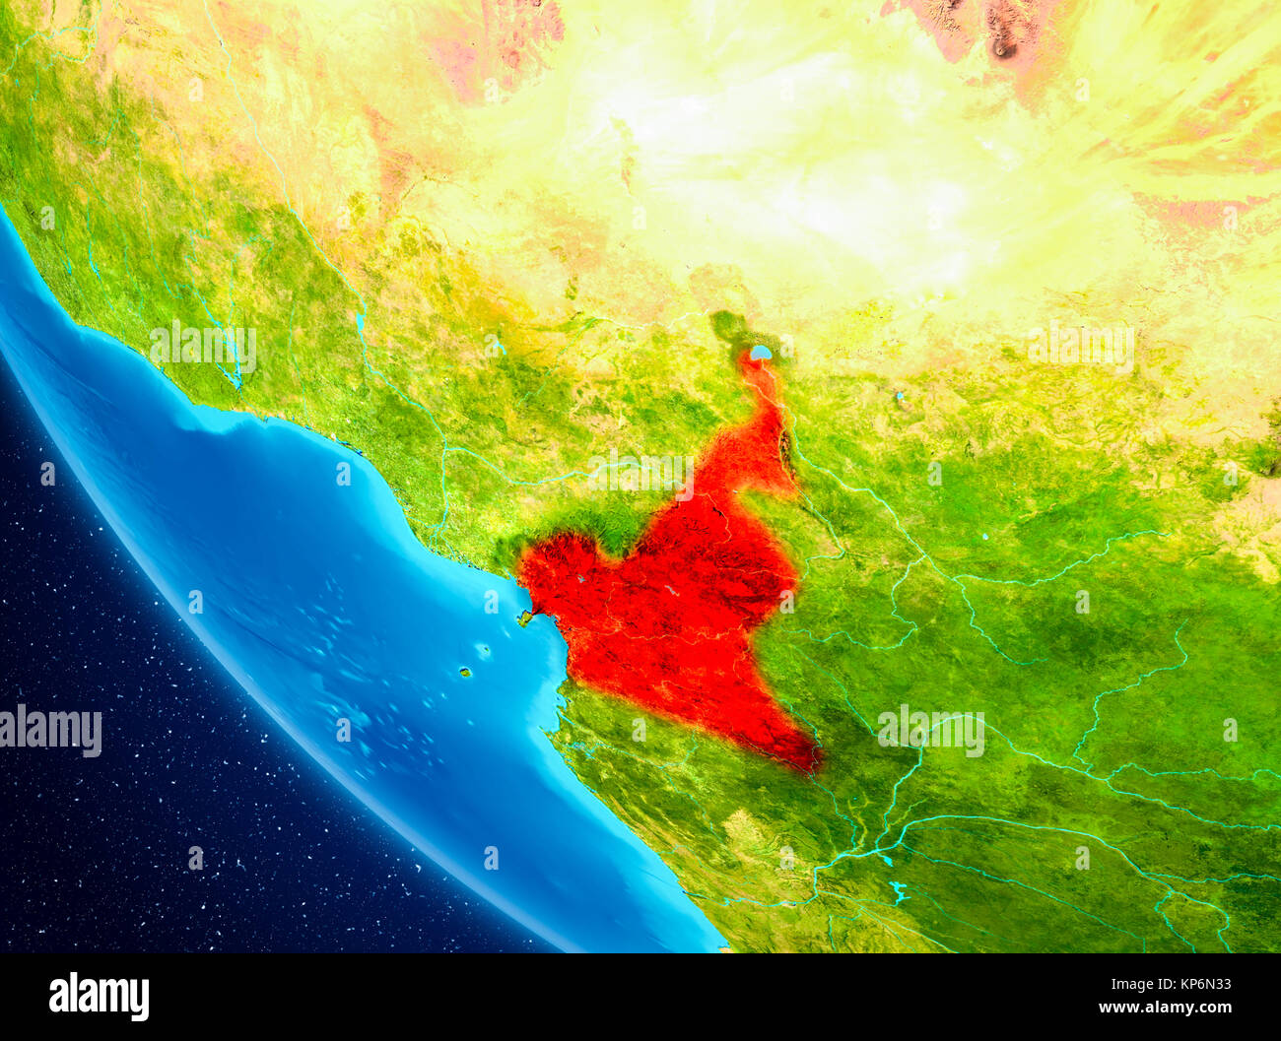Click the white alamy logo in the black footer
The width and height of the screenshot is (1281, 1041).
click(x=99, y=997)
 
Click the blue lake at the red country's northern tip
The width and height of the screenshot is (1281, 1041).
click(x=760, y=352)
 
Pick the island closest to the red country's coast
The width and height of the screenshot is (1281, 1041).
click(x=524, y=618)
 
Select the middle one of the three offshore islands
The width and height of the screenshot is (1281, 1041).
click(x=483, y=650)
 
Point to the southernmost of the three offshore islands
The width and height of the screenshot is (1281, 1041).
click(x=464, y=673)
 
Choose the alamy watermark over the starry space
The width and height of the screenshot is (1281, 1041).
click(x=51, y=731)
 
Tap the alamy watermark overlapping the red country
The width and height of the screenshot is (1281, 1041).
click(x=640, y=475)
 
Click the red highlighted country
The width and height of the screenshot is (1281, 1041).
click(x=680, y=611)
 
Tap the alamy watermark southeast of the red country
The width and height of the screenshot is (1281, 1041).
click(x=930, y=731)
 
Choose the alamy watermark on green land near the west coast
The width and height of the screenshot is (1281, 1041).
click(x=203, y=347)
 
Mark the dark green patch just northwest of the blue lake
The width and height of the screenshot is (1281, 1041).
click(x=727, y=325)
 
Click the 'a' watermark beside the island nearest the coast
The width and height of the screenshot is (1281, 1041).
click(x=491, y=600)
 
